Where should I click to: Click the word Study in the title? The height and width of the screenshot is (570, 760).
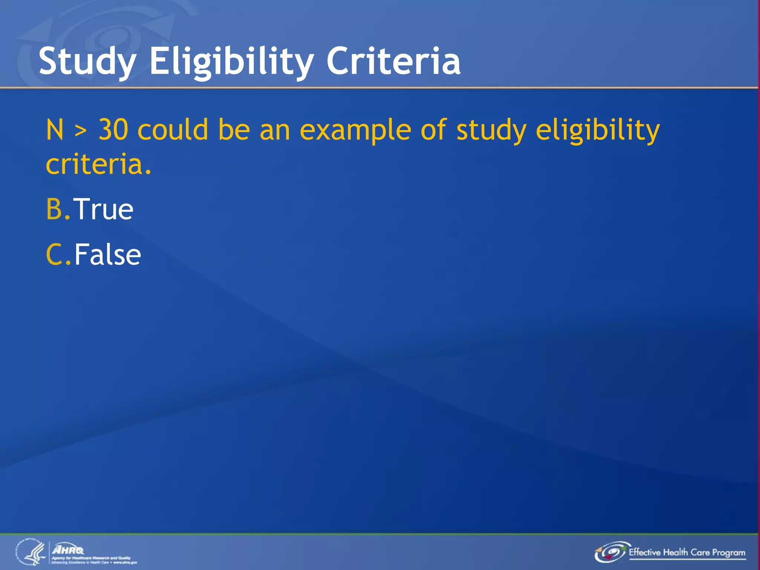pos(88,61)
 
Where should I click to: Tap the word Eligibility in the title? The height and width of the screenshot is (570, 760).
pos(232,61)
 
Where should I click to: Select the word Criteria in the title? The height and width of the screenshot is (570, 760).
pos(393,61)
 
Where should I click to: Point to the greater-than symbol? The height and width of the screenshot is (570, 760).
pos(81,131)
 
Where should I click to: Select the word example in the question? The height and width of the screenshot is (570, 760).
pos(355,131)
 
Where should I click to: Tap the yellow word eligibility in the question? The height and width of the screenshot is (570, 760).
pos(597,131)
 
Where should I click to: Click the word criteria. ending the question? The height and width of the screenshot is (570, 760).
pos(98,164)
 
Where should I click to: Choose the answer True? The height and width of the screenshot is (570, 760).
pos(103,209)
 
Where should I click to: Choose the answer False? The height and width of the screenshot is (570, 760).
pos(108,255)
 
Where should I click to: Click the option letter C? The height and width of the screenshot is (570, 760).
pos(55,255)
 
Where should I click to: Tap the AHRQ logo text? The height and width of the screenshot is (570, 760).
pos(68,550)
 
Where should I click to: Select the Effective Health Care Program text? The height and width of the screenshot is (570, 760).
pos(687,552)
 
